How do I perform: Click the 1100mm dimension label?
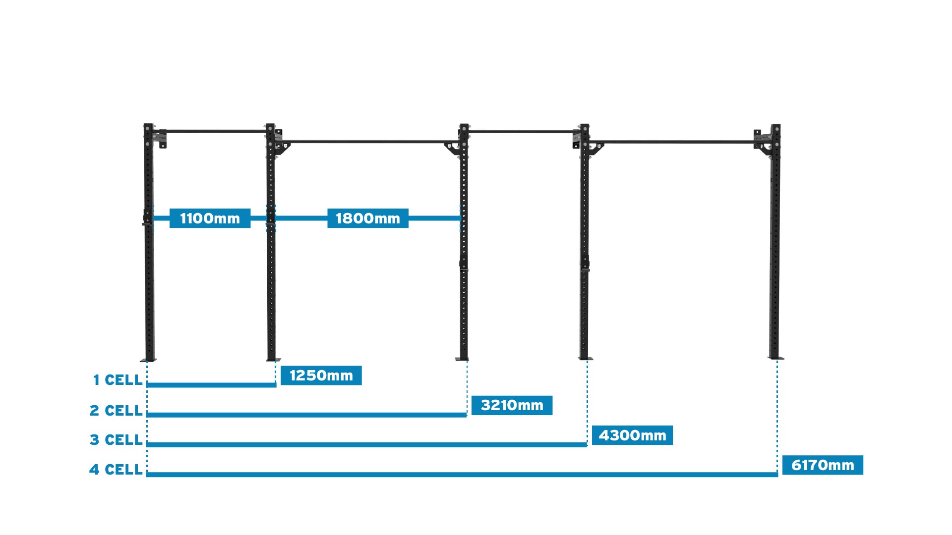pyautogui.click(x=210, y=218)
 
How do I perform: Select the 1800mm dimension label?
pyautogui.click(x=367, y=218)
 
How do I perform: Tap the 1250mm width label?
pyautogui.click(x=321, y=375)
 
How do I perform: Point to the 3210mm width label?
pyautogui.click(x=512, y=405)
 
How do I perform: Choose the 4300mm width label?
pyautogui.click(x=632, y=435)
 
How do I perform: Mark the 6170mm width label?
pyautogui.click(x=823, y=465)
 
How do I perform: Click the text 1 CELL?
pyautogui.click(x=118, y=380)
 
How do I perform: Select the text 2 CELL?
pyautogui.click(x=116, y=411)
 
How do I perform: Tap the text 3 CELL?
pyautogui.click(x=116, y=440)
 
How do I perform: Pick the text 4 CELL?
pyautogui.click(x=116, y=470)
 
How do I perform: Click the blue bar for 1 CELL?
pyautogui.click(x=211, y=385)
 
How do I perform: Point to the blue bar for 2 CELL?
pyautogui.click(x=306, y=415)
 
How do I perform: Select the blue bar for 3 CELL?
pyautogui.click(x=367, y=445)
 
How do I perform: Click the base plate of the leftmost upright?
pyautogui.click(x=148, y=360)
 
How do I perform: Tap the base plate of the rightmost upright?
pyautogui.click(x=776, y=358)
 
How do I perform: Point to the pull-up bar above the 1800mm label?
pyautogui.click(x=367, y=142)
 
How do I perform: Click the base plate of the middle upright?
pyautogui.click(x=462, y=359)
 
